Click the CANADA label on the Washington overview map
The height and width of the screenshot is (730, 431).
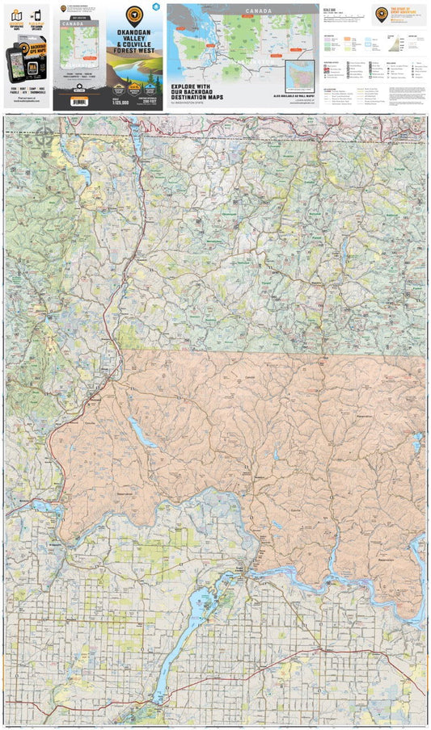pos(256,10)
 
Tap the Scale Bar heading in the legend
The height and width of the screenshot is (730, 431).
pos(328,9)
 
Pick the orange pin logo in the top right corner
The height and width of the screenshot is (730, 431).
pos(382,11)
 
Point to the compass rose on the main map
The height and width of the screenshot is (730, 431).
pos(44,133)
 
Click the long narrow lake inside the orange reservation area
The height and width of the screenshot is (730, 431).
pos(142,434)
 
